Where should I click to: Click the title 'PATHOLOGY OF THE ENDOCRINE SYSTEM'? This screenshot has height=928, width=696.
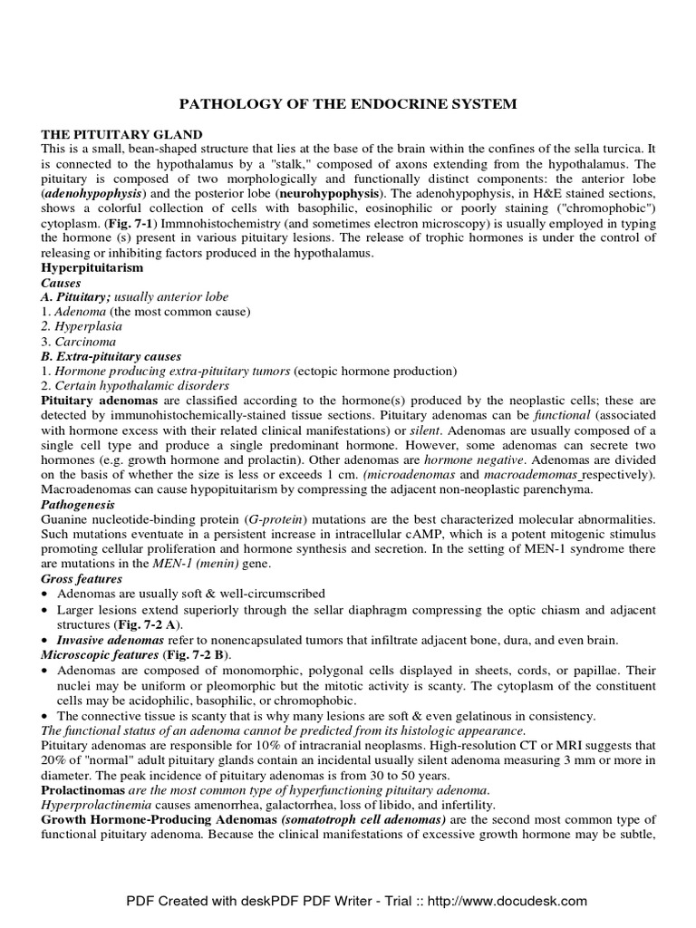347,104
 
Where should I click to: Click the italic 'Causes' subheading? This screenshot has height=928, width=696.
62,284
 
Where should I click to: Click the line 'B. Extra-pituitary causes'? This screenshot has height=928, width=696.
111,356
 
